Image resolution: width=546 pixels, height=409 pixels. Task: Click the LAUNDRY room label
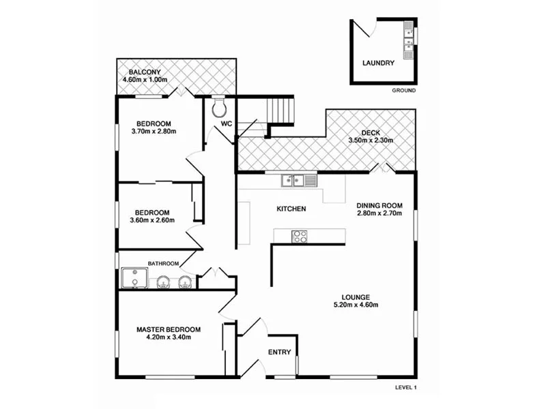pyautogui.click(x=378, y=63)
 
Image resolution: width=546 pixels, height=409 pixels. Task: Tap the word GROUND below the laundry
pyautogui.click(x=403, y=91)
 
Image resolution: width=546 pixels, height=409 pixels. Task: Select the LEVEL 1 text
pyautogui.click(x=405, y=387)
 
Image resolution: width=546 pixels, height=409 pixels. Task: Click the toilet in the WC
pyautogui.click(x=219, y=108)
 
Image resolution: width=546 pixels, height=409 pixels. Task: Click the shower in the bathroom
pyautogui.click(x=135, y=279)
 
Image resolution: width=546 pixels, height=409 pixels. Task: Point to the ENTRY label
pyautogui.click(x=279, y=352)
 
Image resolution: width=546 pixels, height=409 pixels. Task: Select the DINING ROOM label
pyautogui.click(x=379, y=205)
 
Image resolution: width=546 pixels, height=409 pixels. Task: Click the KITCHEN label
pyautogui.click(x=291, y=209)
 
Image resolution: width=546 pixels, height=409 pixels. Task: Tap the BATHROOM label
pyautogui.click(x=163, y=263)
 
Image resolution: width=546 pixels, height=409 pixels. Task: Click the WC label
pyautogui.click(x=226, y=125)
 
